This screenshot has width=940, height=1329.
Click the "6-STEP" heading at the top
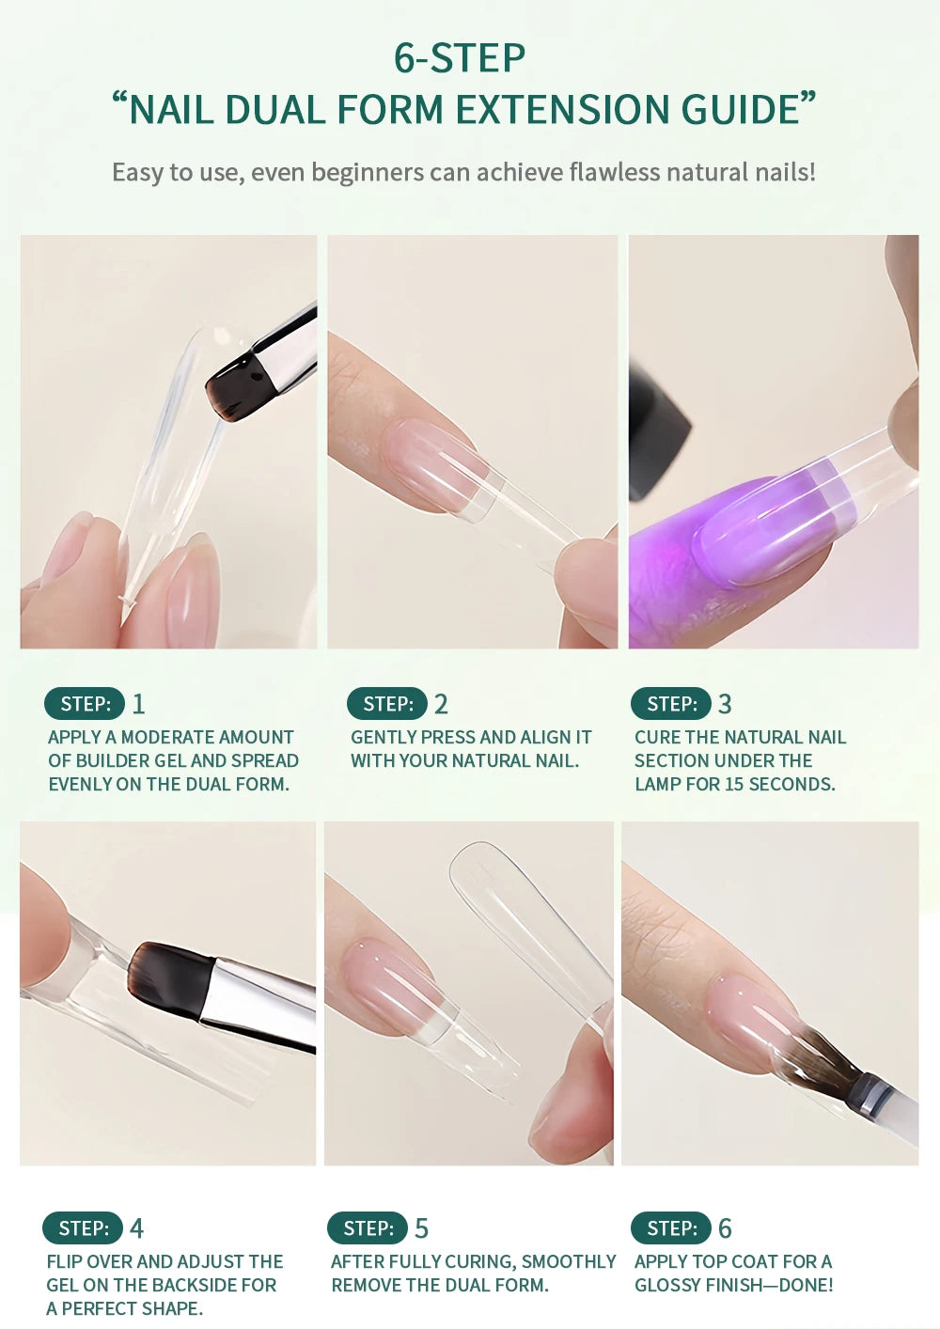[x=460, y=58]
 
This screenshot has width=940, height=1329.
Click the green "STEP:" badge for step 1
[x=85, y=704]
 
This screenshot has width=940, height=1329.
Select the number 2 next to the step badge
[x=441, y=704]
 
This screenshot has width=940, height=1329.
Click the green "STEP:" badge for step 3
[x=670, y=704]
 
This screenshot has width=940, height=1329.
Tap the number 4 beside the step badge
[x=137, y=1228]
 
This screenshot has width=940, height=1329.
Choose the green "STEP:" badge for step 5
[x=368, y=1228]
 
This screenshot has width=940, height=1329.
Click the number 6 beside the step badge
[x=725, y=1228]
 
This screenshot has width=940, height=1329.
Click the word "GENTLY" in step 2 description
[x=383, y=737]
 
